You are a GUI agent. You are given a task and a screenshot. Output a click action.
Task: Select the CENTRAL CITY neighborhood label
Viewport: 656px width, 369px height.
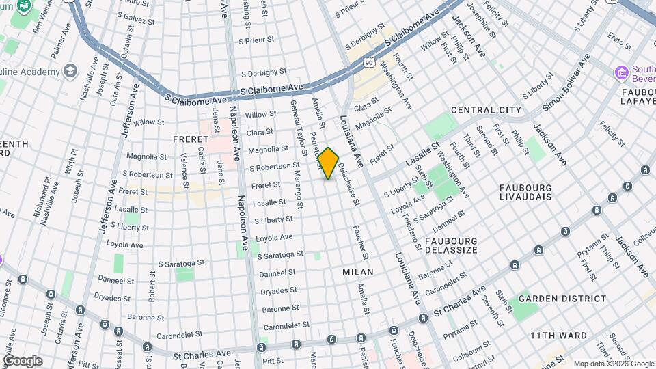tap(486, 110)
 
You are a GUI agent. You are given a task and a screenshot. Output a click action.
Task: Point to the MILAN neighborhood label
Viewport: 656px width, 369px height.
tap(357, 272)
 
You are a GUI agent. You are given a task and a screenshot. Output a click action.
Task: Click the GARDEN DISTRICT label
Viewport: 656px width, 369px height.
tap(562, 299)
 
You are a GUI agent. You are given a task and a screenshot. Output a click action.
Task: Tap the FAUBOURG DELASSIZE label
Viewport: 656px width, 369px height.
tap(451, 247)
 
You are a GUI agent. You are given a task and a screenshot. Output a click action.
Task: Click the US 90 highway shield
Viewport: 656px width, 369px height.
tap(369, 62)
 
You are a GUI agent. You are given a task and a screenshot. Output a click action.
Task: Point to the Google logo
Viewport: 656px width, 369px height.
tap(23, 360)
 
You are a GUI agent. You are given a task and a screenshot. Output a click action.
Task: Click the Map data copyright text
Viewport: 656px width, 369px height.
tap(614, 364)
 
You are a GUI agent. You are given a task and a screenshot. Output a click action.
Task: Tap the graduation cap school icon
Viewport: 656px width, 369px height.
tap(70, 71)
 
